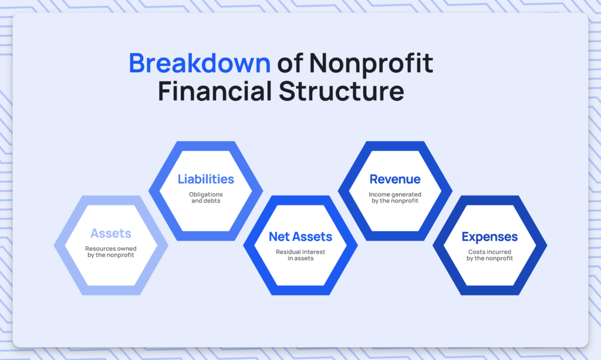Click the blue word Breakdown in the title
click(200, 63)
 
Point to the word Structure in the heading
click(341, 91)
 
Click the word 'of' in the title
click(290, 63)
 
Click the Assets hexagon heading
click(111, 233)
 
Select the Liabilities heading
click(206, 179)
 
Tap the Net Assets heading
click(300, 237)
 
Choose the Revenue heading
click(395, 179)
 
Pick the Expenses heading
click(490, 237)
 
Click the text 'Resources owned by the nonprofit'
click(111, 252)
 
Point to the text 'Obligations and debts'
click(206, 197)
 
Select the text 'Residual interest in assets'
click(300, 255)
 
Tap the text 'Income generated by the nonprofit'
click(395, 197)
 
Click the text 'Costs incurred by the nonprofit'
click(490, 255)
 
